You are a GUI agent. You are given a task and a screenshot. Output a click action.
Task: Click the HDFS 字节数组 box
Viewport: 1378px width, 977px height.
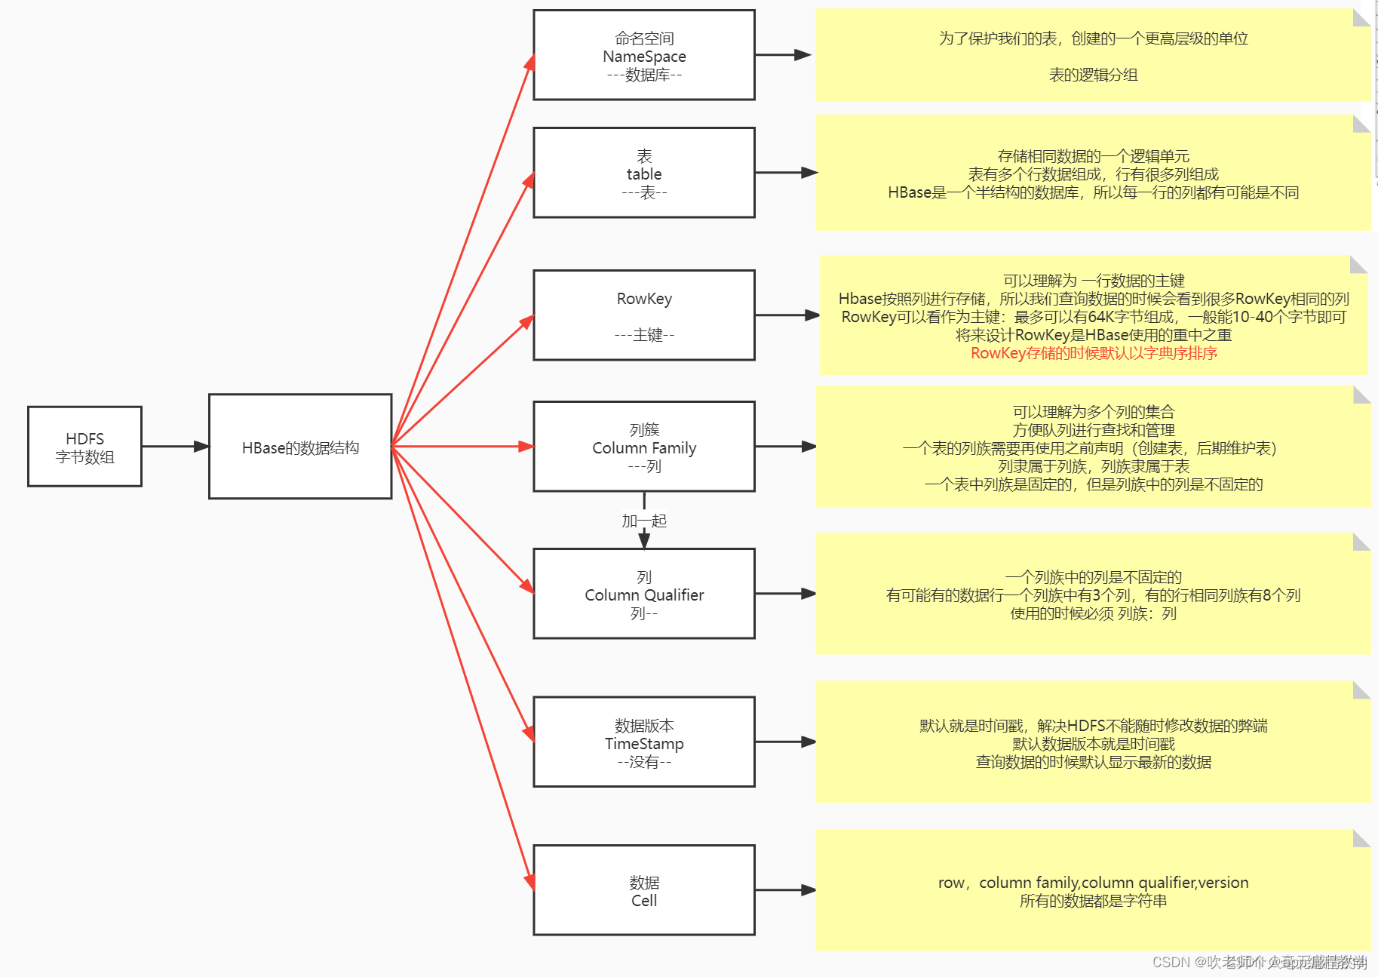(x=84, y=447)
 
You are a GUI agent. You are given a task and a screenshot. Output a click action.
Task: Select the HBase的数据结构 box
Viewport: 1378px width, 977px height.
(x=300, y=447)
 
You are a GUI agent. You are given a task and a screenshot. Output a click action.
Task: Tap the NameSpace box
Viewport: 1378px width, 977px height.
(x=643, y=55)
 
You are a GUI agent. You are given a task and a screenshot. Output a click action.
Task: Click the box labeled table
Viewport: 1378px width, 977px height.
(x=643, y=173)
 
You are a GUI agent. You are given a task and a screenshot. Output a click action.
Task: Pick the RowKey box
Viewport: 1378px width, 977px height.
(x=643, y=315)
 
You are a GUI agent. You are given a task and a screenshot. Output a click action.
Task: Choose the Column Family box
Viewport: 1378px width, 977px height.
(x=643, y=447)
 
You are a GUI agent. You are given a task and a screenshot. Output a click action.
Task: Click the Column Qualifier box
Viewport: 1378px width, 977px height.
(x=643, y=594)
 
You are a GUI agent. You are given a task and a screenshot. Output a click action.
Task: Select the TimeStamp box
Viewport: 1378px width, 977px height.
(x=643, y=742)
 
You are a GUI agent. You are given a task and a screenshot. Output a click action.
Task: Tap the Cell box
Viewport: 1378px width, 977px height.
(x=643, y=890)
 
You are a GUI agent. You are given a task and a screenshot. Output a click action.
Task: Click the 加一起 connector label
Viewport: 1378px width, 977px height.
(x=643, y=521)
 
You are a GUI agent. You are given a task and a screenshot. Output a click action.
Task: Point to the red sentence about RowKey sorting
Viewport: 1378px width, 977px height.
(x=1093, y=353)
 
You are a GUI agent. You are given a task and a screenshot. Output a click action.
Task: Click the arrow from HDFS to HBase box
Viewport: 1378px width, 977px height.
(x=175, y=447)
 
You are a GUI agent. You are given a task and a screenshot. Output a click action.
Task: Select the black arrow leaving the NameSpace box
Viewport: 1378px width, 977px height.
(x=783, y=55)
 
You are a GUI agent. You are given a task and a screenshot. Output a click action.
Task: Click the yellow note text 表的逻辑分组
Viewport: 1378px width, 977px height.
(x=1093, y=75)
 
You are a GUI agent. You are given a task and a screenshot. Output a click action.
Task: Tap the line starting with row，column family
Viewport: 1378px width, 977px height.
(x=1093, y=882)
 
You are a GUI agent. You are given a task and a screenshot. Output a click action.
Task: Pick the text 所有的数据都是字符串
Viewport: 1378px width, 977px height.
(x=1093, y=901)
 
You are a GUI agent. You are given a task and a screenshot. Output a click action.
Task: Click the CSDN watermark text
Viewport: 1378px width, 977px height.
(x=1258, y=962)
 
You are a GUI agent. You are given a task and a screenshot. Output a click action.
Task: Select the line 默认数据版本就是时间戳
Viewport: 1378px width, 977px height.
(x=1093, y=744)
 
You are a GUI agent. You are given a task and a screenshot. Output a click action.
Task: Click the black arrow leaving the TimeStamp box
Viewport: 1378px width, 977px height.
(x=784, y=742)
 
